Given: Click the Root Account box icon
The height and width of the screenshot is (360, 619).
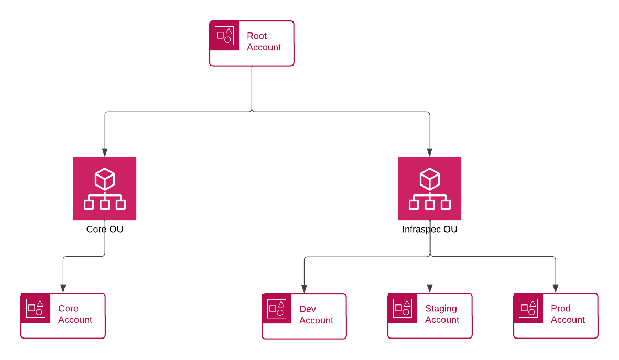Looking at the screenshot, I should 224,36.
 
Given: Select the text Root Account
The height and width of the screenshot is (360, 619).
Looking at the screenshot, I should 264,41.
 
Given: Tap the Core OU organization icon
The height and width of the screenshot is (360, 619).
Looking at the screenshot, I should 105,189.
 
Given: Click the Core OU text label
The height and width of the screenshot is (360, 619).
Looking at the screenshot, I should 105,230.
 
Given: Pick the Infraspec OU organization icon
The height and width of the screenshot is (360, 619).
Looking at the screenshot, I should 430,189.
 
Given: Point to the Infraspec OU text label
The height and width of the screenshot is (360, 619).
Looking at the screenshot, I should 430,230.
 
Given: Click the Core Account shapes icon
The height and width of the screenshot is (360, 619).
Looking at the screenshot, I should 36,308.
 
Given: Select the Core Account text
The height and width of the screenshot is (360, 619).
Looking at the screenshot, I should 75,314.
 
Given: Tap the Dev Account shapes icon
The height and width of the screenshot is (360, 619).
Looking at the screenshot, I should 277,309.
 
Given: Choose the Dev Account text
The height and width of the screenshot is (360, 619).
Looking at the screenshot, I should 316,314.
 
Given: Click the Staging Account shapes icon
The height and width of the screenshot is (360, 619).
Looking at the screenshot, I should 403,308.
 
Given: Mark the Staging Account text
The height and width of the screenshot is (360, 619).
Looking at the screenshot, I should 442,314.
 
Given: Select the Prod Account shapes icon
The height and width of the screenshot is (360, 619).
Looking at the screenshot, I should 528,308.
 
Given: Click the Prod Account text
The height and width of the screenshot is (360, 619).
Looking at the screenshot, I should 568,314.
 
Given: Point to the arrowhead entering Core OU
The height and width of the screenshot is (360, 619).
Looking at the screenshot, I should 105,152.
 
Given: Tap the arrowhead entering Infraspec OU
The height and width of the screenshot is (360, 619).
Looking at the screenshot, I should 430,152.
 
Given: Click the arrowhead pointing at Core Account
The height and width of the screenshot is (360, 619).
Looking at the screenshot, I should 63,288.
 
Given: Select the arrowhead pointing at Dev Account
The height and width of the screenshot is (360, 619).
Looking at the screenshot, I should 304,288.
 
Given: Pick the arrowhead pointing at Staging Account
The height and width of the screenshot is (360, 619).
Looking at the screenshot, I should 430,288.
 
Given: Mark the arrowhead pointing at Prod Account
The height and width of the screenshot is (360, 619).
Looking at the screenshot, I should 556,288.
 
